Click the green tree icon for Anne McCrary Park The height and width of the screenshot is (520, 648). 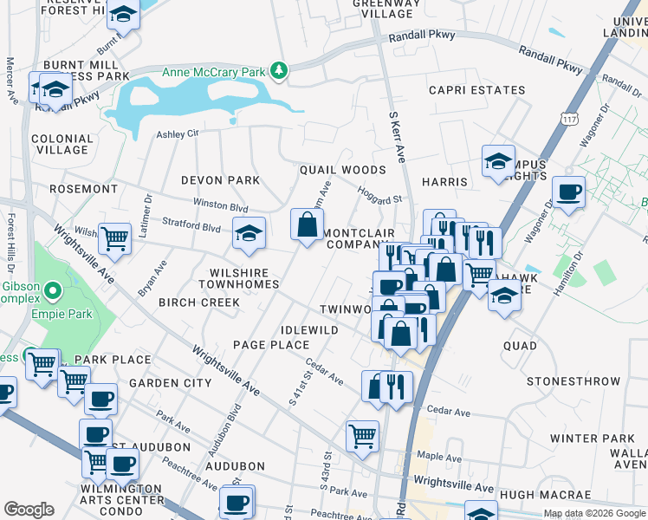point(278,69)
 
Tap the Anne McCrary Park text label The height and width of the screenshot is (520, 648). point(213,72)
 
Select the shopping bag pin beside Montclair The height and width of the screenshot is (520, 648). point(307,225)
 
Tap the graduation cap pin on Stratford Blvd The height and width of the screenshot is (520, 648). point(249,234)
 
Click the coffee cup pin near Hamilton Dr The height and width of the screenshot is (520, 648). point(568,192)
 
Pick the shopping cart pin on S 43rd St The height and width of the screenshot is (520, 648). point(362,436)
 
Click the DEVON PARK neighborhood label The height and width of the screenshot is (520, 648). point(220,180)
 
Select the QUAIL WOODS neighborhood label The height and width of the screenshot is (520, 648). point(342,170)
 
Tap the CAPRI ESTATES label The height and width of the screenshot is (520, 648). point(477,90)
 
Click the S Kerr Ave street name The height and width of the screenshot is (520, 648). point(397,136)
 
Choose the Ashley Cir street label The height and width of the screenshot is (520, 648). point(178,133)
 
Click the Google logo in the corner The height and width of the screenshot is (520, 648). point(29,510)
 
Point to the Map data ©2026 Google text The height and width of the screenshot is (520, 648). point(594,513)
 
